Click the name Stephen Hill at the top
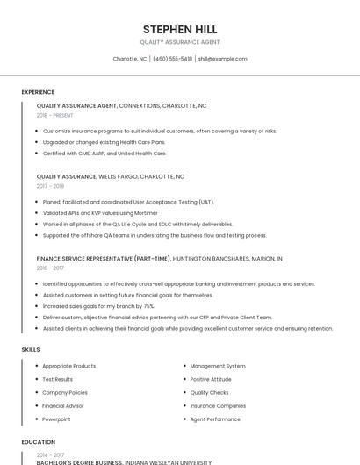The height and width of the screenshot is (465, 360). [x=180, y=29]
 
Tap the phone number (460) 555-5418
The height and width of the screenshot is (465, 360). [x=172, y=59]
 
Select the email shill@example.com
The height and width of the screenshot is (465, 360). [x=222, y=59]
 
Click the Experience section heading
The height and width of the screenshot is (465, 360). [x=38, y=92]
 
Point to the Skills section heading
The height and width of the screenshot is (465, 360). [x=31, y=349]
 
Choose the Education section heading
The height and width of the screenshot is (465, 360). [x=38, y=442]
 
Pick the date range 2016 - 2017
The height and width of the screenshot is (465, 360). [x=50, y=268]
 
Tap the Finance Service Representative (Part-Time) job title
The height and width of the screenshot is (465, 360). [x=104, y=259]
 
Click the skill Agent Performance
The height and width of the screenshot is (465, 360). [x=215, y=419]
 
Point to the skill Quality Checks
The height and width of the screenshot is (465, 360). [x=209, y=392]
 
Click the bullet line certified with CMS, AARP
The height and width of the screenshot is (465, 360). [x=104, y=153]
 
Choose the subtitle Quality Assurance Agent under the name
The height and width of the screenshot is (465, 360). [x=180, y=42]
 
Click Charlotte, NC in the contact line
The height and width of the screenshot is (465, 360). [x=130, y=59]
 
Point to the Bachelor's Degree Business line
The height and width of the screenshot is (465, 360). [x=123, y=461]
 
